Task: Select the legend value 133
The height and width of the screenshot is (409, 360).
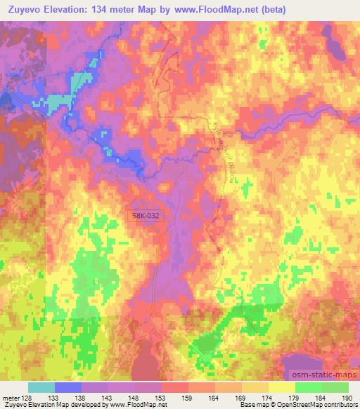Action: pos(55,398)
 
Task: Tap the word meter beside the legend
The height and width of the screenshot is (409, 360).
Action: pos(9,398)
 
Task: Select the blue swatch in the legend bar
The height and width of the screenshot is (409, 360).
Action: pos(68,387)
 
